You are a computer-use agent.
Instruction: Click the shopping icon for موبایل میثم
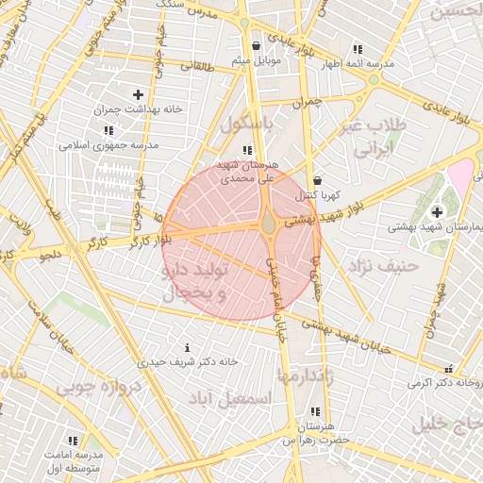pyautogui.click(x=256, y=45)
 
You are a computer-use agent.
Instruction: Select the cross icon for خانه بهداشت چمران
pyautogui.click(x=139, y=94)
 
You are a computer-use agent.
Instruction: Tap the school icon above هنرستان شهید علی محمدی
pyautogui.click(x=247, y=150)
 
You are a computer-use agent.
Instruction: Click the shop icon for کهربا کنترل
pyautogui.click(x=317, y=180)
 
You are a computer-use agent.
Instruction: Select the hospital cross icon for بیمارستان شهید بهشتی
pyautogui.click(x=437, y=212)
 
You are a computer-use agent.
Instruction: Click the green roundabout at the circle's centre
pyautogui.click(x=269, y=224)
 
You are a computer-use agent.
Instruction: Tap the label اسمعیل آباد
pyautogui.click(x=244, y=399)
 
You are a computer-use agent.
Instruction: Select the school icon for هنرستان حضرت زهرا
pyautogui.click(x=314, y=411)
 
